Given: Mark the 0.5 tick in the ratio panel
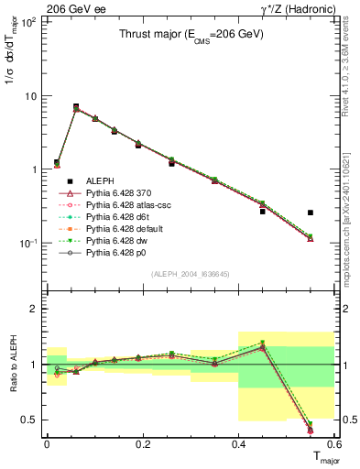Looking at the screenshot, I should pos(31,420).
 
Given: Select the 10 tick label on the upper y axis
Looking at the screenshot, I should pos(29,96).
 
